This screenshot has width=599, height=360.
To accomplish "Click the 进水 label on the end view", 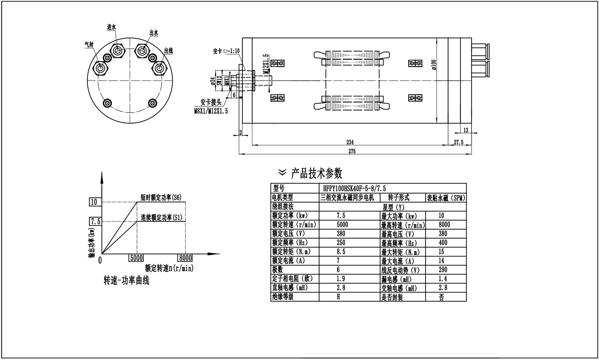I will [x=111, y=28].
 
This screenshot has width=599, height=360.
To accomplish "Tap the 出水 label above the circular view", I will [x=154, y=33].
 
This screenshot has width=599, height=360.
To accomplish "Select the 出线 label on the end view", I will [x=168, y=51].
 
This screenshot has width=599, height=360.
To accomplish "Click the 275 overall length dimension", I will [x=352, y=151].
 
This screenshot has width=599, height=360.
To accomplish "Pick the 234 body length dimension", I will [x=350, y=142].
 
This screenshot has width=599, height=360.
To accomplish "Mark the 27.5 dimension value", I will [x=458, y=142].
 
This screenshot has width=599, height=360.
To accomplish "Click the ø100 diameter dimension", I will [x=434, y=64].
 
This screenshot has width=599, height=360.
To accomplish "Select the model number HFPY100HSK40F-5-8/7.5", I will [x=354, y=188].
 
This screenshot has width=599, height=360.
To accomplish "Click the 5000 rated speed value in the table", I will [x=342, y=225].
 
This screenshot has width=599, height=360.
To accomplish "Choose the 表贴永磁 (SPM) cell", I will [x=446, y=198].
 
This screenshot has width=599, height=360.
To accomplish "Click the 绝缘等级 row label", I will [x=283, y=297].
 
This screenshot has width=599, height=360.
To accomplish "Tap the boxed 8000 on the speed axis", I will [x=186, y=258].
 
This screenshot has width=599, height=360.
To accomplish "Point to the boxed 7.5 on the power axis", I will [x=95, y=221].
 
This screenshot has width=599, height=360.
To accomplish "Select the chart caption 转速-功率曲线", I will [x=126, y=280].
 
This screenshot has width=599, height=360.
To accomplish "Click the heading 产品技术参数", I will [x=316, y=173].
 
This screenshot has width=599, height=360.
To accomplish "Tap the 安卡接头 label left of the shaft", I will [x=211, y=102].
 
